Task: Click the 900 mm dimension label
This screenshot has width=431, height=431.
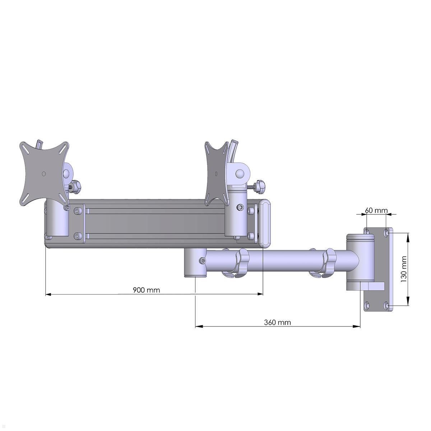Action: point(146,289)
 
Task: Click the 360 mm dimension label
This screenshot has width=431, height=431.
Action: point(277,322)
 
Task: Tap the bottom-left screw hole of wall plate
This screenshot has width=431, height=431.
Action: point(367,306)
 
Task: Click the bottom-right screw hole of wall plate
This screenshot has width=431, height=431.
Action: point(386,306)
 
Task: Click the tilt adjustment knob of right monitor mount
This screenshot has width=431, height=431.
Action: point(260,186)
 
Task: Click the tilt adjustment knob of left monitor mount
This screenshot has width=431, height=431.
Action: point(76,186)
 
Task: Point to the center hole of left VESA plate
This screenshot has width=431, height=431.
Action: point(44,173)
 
